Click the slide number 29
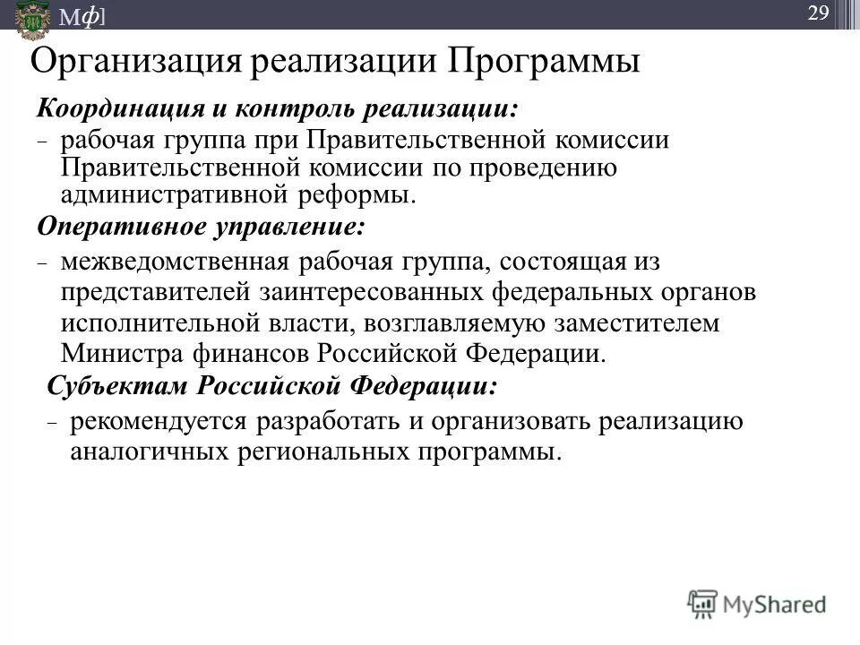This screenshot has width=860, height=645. (818, 13)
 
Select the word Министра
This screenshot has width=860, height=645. (123, 352)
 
